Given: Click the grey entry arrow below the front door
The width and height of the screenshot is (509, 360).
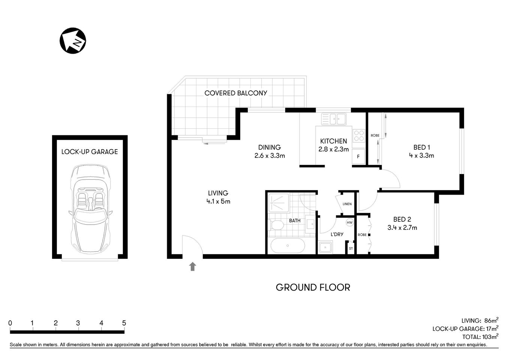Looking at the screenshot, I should tap(193, 267).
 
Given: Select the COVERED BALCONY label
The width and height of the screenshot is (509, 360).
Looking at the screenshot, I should tap(236, 93).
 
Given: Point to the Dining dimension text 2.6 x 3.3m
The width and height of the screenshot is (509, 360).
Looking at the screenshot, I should tap(269, 156).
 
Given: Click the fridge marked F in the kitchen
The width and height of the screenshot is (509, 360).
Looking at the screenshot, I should tap(358, 157).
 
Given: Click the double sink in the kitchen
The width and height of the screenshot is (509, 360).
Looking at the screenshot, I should tap(333, 119).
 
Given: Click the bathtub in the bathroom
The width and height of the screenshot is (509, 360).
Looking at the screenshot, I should tap(287, 246).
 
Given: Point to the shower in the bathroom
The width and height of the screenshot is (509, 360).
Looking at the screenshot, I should tap(278, 204).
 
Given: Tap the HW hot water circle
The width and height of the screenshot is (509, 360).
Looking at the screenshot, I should tap(350, 223).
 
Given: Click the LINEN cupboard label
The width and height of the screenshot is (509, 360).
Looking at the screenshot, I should tap(347, 204).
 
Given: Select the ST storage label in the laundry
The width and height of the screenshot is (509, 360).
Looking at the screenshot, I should tap(351, 248).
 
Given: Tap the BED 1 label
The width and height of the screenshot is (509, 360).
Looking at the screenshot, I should tap(421, 147).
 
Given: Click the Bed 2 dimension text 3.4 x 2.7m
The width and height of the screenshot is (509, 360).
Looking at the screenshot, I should tap(402, 227).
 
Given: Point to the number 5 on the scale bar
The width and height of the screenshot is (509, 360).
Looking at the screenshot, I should tap(124, 323).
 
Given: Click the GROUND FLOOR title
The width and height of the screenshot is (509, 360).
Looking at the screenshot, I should tap(313, 288).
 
